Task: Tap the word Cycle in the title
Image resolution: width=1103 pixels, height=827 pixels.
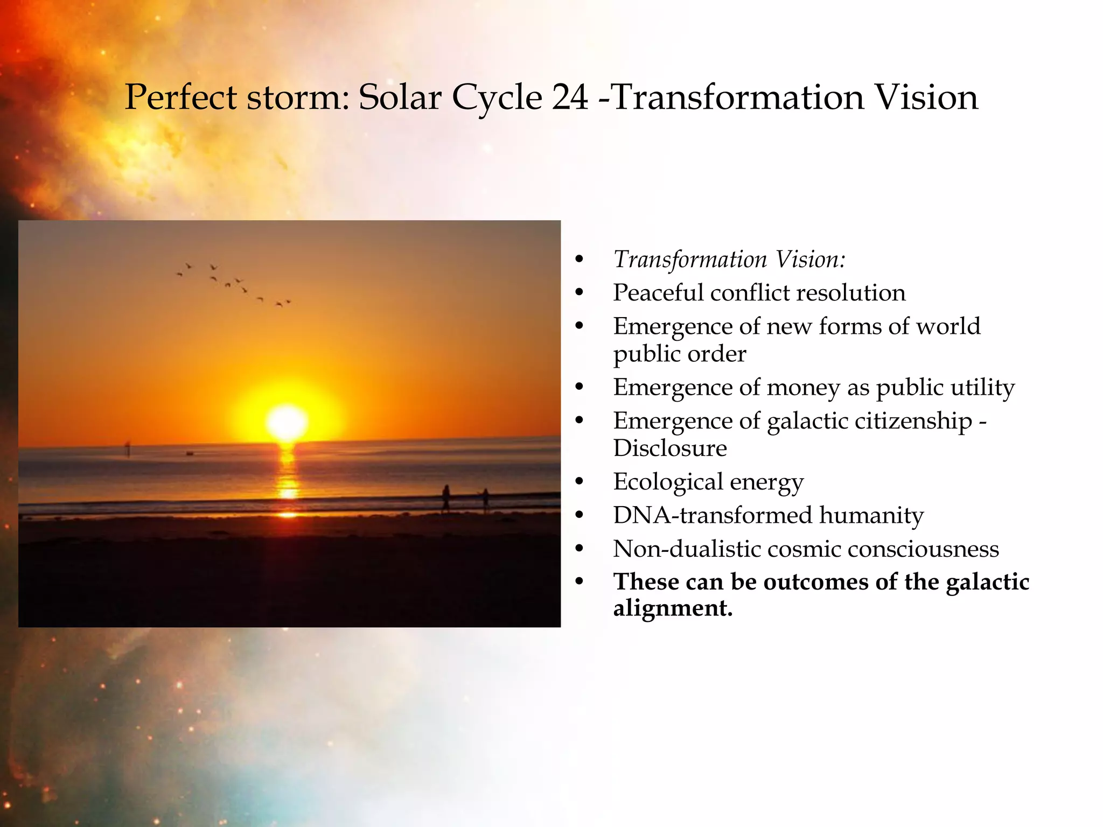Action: pos(496,99)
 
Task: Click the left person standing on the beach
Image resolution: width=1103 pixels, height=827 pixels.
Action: pos(446,498)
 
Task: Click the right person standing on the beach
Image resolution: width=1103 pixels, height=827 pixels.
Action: pos(485,499)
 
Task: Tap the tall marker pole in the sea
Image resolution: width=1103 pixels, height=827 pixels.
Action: pos(128,448)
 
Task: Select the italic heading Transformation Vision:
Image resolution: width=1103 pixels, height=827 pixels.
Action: pos(729,260)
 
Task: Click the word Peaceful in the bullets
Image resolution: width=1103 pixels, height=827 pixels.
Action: pos(658,293)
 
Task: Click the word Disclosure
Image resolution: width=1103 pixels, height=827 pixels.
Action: pos(670,448)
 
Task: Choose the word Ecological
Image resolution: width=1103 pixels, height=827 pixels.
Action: pos(667,482)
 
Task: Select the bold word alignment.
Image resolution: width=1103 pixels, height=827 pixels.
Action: pos(672,608)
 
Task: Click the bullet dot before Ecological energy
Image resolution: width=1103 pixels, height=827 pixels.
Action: pos(579,482)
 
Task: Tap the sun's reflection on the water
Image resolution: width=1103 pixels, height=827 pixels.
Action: pos(288,474)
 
